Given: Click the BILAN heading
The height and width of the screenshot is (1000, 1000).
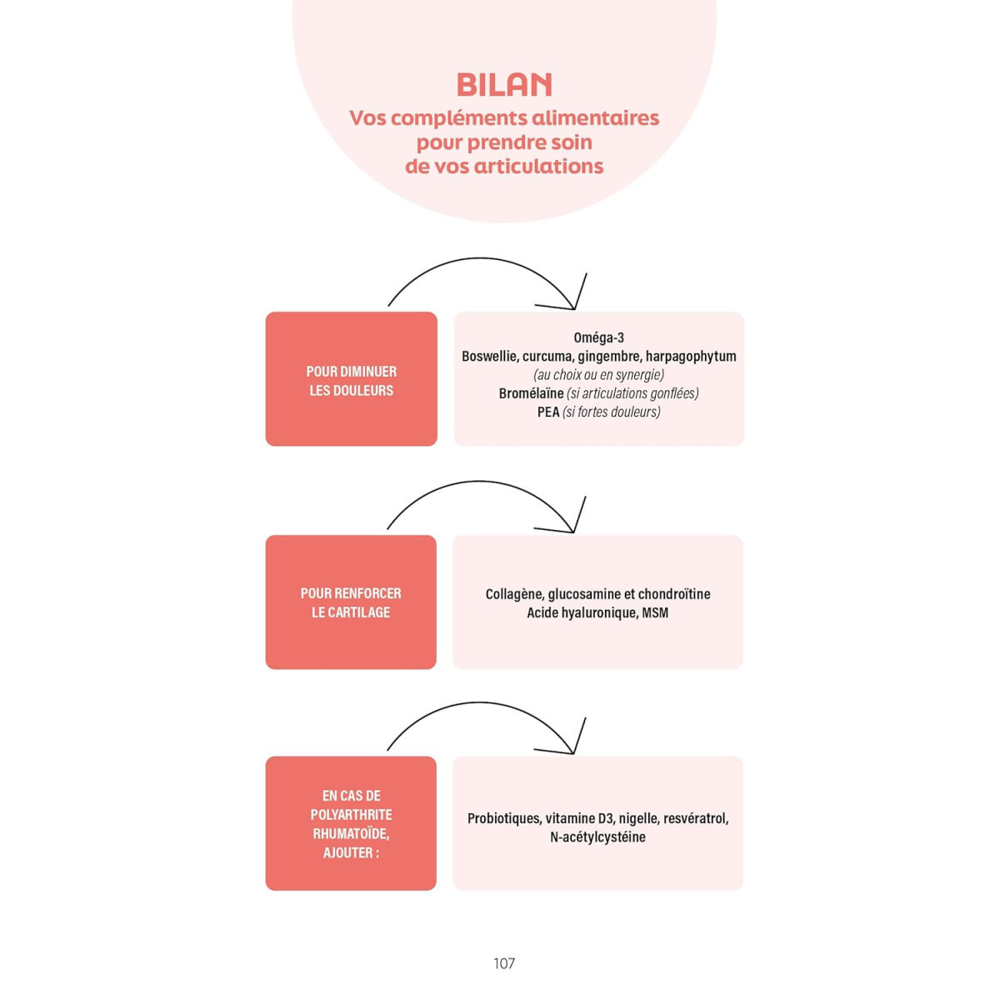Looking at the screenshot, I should point(504,84).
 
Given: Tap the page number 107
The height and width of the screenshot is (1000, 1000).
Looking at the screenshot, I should point(504,963).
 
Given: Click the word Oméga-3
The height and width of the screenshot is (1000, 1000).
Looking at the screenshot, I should point(598,337).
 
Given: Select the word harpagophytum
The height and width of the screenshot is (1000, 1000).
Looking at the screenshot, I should point(691,357).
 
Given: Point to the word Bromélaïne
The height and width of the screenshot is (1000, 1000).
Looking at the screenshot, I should point(531,393).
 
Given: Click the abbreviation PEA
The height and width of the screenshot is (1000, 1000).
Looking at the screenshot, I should point(547,412).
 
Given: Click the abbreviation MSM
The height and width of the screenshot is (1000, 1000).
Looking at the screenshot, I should point(655,612).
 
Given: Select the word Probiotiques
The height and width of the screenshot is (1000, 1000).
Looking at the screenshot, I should point(503,818).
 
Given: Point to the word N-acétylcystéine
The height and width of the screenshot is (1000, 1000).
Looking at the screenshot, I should point(597,837).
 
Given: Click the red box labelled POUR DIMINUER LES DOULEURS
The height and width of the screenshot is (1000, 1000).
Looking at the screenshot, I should point(351,380).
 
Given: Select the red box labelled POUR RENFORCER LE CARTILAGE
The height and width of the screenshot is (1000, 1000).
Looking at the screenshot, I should point(351,602).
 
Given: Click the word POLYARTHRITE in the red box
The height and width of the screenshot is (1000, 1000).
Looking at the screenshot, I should point(351,814).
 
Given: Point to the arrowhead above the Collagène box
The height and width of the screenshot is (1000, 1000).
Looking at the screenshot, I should point(572,527).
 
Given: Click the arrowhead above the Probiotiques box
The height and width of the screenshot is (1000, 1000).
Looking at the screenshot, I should point(572,748).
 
